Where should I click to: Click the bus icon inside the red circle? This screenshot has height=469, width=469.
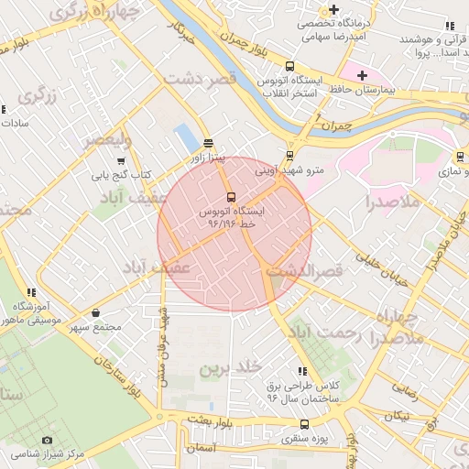[230, 197]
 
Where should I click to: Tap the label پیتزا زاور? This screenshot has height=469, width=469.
[207, 158]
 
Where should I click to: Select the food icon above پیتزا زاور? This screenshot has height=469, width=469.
[208, 143]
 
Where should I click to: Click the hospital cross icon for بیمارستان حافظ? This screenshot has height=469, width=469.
[362, 74]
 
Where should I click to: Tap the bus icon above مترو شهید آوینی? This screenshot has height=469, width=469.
[290, 156]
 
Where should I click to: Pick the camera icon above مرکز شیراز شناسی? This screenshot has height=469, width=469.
[48, 441]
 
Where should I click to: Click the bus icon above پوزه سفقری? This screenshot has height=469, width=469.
[305, 424]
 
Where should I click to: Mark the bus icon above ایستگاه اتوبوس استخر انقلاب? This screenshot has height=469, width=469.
[290, 66]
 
